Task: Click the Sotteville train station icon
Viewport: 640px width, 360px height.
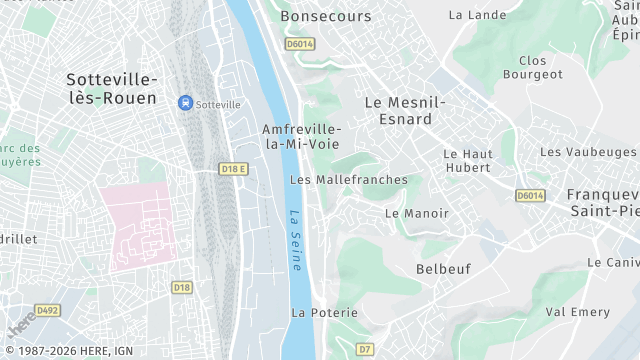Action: pos(185,103)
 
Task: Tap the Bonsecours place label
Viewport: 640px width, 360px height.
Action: pos(325,16)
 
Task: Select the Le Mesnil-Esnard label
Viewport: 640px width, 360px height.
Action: pos(404,111)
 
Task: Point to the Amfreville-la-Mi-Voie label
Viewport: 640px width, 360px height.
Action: pos(301,137)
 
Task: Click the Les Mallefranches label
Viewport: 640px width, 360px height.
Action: pos(348,180)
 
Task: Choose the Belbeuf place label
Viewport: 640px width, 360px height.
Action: pos(443,269)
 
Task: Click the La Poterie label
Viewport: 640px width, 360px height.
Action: pos(324,313)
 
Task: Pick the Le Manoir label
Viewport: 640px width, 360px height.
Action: pos(417,213)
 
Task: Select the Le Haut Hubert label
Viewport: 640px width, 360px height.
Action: pos(467,161)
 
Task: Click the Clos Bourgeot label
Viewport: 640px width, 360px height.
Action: pos(533,66)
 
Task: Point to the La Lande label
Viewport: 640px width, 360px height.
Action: pos(477,15)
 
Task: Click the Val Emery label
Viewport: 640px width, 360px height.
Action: pos(577,312)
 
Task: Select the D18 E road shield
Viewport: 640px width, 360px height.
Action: pos(233,169)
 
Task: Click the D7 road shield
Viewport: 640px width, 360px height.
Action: pos(365,349)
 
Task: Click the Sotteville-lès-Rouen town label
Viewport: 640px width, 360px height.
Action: pos(111,88)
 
